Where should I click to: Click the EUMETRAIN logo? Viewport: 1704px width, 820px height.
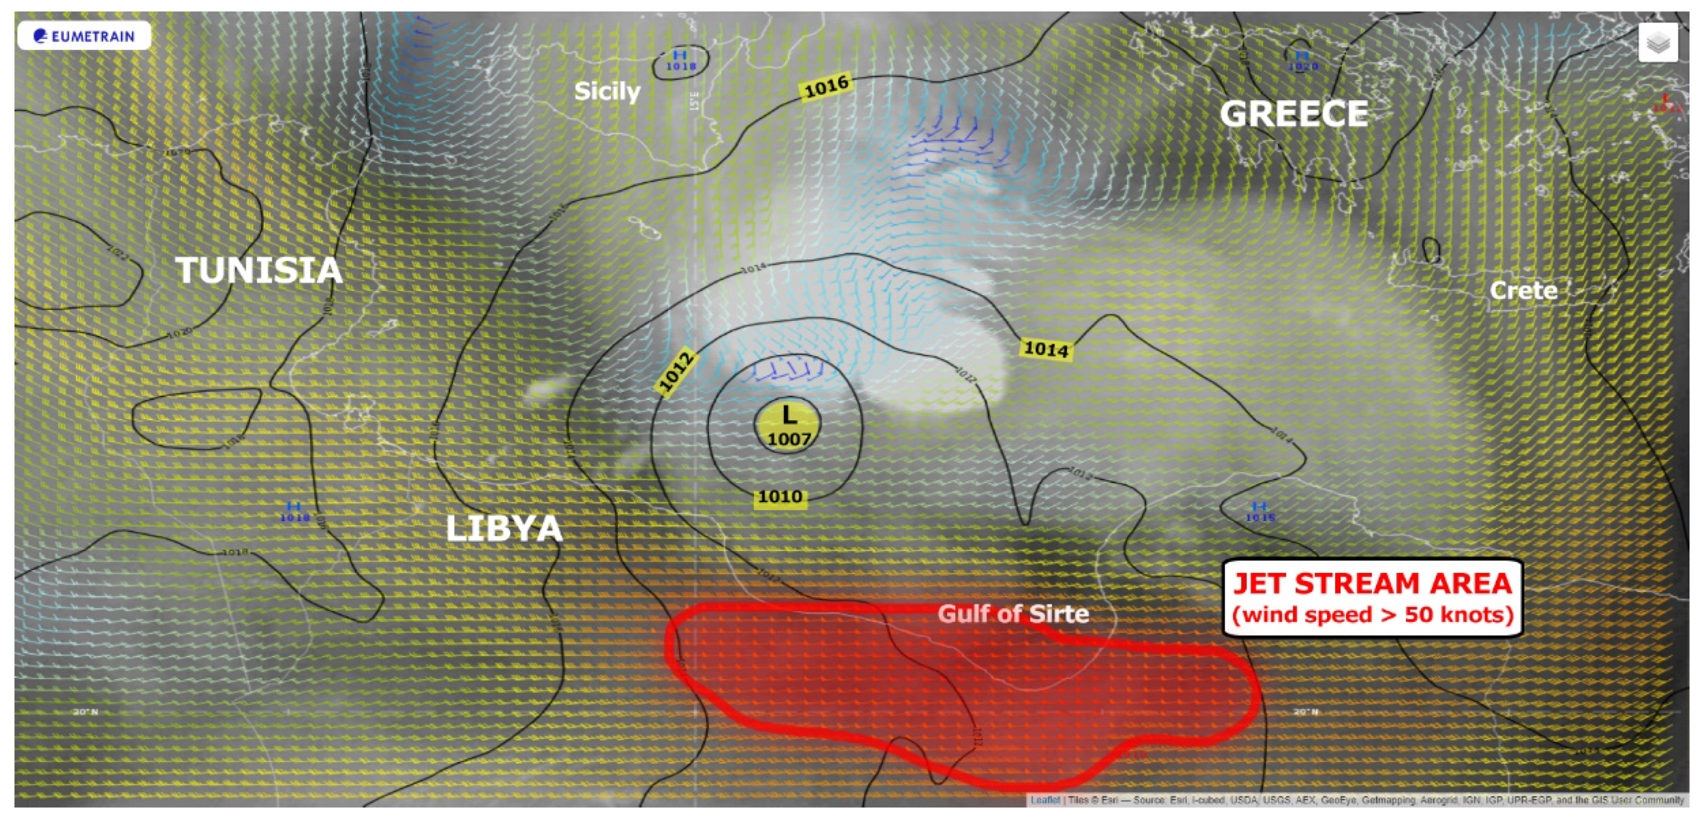(84, 36)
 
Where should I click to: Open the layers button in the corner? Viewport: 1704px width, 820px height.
(1658, 43)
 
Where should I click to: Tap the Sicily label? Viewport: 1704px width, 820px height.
(607, 91)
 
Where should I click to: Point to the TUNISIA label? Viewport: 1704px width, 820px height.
(259, 270)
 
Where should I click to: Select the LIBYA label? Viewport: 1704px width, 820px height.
(504, 528)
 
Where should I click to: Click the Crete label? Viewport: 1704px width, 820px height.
(1523, 290)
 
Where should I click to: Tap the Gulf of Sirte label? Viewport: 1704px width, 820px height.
(1013, 614)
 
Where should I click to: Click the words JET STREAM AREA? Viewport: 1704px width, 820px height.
(1372, 583)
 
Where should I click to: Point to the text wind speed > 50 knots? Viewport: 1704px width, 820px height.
(1372, 615)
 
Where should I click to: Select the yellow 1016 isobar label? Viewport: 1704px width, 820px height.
(826, 86)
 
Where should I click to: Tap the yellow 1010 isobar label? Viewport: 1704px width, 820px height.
(780, 496)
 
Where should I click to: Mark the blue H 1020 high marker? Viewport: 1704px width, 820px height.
(1302, 60)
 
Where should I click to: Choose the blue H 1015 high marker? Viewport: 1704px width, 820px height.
(1259, 511)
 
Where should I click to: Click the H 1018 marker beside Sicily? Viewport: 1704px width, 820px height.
(680, 60)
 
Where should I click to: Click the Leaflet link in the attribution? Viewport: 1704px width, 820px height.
(1044, 800)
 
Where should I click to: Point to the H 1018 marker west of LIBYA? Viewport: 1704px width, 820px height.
(294, 511)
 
